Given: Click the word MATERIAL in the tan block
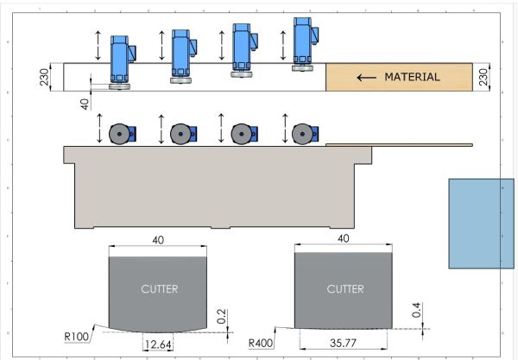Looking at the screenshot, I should [412, 77].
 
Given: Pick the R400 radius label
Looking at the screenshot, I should [260, 343].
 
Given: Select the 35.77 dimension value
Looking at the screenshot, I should [344, 343].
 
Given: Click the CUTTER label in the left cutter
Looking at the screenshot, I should [159, 289].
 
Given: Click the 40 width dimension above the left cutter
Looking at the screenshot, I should [157, 240].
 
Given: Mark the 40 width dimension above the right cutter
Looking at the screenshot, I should [344, 237].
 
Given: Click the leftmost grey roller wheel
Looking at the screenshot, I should [119, 134].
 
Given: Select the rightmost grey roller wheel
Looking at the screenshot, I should [301, 134].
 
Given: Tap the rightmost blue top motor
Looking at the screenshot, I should [302, 41].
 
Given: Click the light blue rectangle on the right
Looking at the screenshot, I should [481, 223].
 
